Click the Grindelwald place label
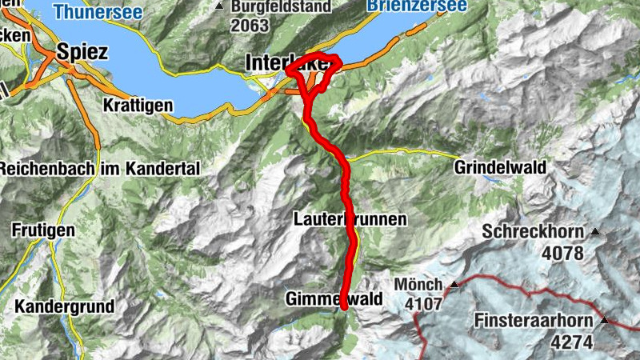(x=500, y=168)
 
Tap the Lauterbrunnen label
(x=350, y=218)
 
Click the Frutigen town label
(x=43, y=230)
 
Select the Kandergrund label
(x=64, y=306)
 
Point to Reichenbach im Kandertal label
(x=98, y=170)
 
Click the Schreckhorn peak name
(x=534, y=232)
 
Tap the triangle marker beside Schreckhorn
(x=594, y=232)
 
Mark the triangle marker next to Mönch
(x=454, y=284)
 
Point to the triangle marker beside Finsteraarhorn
(x=605, y=321)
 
